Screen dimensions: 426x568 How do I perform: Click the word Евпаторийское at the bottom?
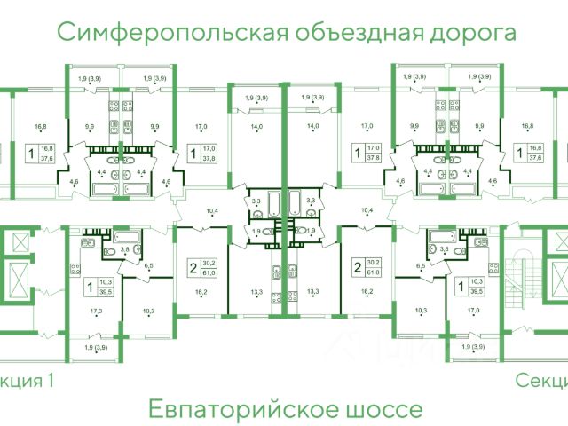coord(227,410)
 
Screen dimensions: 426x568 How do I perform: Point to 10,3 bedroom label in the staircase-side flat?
coord(422,311)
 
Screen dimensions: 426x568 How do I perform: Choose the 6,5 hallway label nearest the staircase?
coord(421,265)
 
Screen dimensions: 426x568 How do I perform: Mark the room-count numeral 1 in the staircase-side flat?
coord(460,285)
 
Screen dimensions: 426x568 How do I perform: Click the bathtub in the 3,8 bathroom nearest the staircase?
coord(438,236)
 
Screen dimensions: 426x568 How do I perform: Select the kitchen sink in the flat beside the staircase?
coord(480,256)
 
